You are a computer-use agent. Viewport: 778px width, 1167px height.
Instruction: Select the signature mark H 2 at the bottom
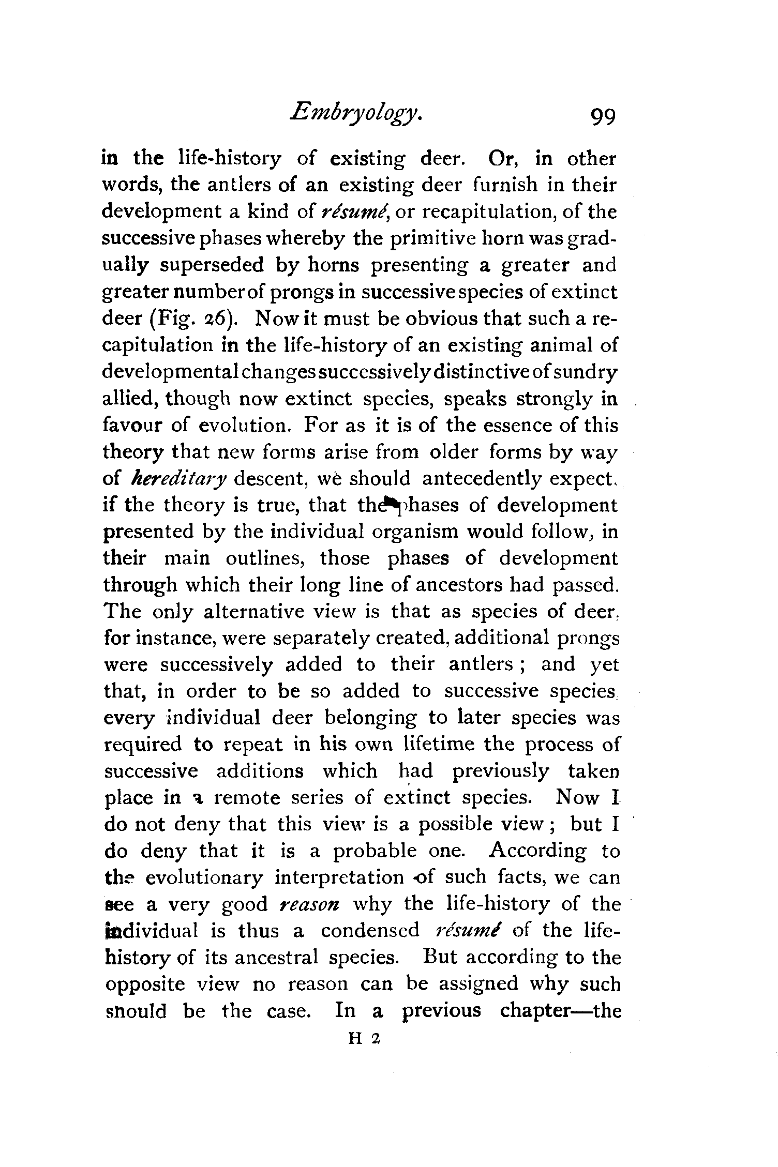tap(365, 1036)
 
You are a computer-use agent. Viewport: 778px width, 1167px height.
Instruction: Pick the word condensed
tap(370, 931)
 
